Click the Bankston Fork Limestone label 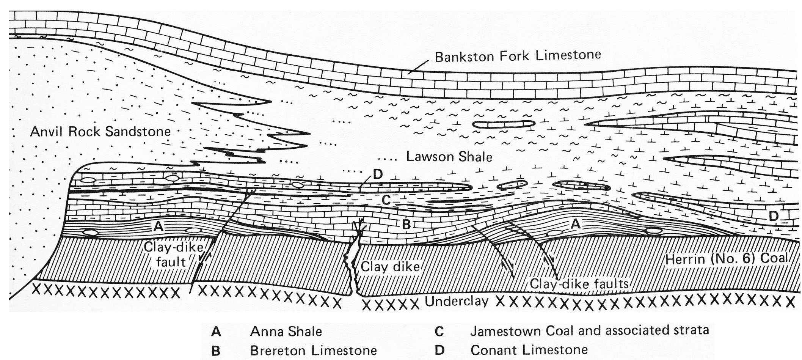pos(518,56)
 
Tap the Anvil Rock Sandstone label pos(100,132)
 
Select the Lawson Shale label pos(449,156)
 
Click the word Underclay pos(457,301)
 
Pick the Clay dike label pos(390,266)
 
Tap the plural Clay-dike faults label pos(579,283)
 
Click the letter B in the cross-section pos(406,225)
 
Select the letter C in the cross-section pos(386,200)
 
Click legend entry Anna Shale pos(286,331)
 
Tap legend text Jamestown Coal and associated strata pos(589,330)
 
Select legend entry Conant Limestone pos(529,350)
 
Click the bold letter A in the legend pos(216,332)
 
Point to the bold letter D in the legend pos(439,350)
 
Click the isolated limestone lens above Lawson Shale pos(504,124)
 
